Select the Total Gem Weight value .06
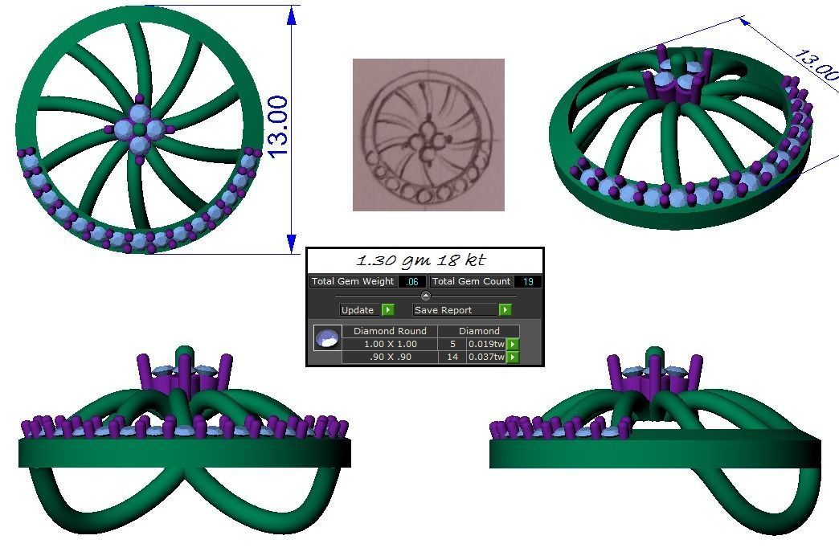[x=413, y=281]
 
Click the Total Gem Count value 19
[x=529, y=281]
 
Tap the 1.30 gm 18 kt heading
[x=420, y=260]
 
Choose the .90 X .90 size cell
[x=391, y=357]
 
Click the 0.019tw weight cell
[x=486, y=344]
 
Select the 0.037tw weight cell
[x=486, y=357]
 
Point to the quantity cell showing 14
[x=452, y=357]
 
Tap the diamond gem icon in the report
[x=327, y=338]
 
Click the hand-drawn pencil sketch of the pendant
[x=428, y=135]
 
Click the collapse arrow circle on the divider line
[x=426, y=296]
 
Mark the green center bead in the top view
[x=139, y=129]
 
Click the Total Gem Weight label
[x=353, y=281]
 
